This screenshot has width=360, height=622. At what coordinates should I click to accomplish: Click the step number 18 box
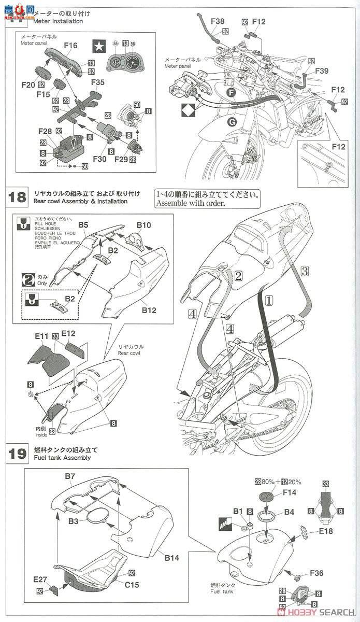pyautogui.click(x=17, y=197)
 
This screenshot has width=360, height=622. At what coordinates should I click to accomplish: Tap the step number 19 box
pyautogui.click(x=17, y=454)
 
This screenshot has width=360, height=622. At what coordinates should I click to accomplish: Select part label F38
pyautogui.click(x=218, y=21)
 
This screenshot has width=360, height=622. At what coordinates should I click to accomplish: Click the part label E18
pyautogui.click(x=326, y=531)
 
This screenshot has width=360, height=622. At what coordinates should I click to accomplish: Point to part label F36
pyautogui.click(x=318, y=573)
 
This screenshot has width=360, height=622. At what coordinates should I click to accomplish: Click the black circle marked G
pyautogui.click(x=232, y=122)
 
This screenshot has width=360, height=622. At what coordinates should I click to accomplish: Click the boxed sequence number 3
pyautogui.click(x=305, y=270)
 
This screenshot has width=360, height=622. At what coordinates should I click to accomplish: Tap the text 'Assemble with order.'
pyautogui.click(x=190, y=203)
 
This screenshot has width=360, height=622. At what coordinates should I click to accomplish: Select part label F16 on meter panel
pyautogui.click(x=70, y=46)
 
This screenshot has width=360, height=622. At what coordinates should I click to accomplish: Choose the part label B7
pyautogui.click(x=70, y=475)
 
